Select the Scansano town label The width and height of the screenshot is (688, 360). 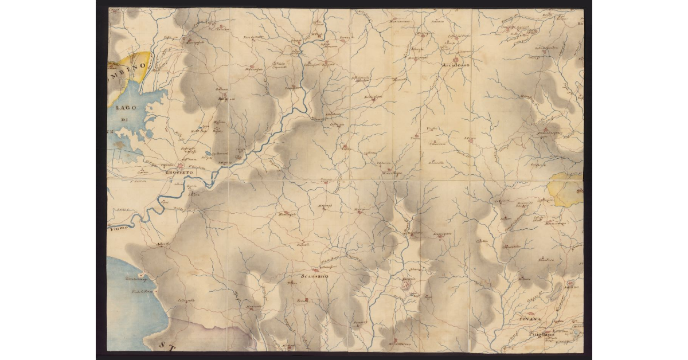313,277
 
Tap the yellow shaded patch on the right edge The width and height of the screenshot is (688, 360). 565,189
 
